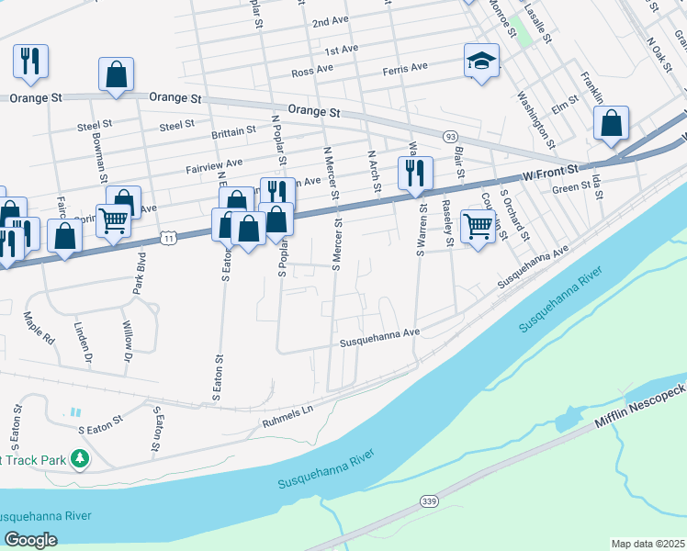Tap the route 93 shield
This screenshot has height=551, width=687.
[x=450, y=136]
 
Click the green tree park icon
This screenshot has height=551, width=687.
[x=81, y=457]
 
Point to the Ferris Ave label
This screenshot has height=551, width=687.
[x=405, y=67]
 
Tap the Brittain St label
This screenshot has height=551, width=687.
[x=233, y=132]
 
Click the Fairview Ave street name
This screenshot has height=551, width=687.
[x=214, y=162]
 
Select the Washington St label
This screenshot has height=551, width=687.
[x=535, y=118]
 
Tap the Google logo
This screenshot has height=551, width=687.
[x=30, y=539]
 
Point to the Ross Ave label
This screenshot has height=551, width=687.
[x=312, y=71]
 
